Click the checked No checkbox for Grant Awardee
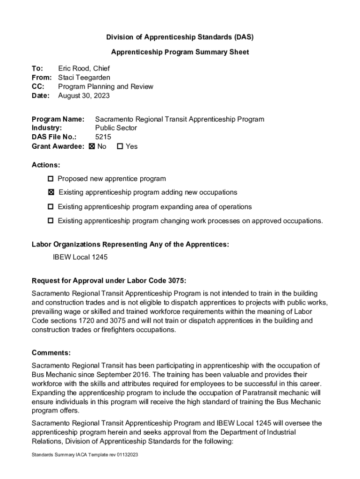pyautogui.click(x=92, y=146)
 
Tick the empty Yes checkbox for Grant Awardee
pyautogui.click(x=120, y=146)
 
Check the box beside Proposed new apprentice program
pyautogui.click(x=50, y=179)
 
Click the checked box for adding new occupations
pyautogui.click(x=51, y=192)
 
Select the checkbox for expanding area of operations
pyautogui.click(x=50, y=207)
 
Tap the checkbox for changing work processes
pyautogui.click(x=50, y=221)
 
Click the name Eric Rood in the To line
pyautogui.click(x=74, y=68)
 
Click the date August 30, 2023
pyautogui.click(x=84, y=96)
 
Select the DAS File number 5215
pyautogui.click(x=103, y=137)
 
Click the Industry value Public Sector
pyautogui.click(x=116, y=128)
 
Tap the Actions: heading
pyautogui.click(x=46, y=165)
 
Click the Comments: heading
pyautogui.click(x=51, y=352)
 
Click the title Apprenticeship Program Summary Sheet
pyautogui.click(x=180, y=52)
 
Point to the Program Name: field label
pyautogui.click(x=58, y=119)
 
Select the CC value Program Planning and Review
pyautogui.click(x=106, y=87)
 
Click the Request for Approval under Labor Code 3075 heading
pyautogui.click(x=109, y=281)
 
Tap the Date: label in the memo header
pyautogui.click(x=41, y=96)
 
